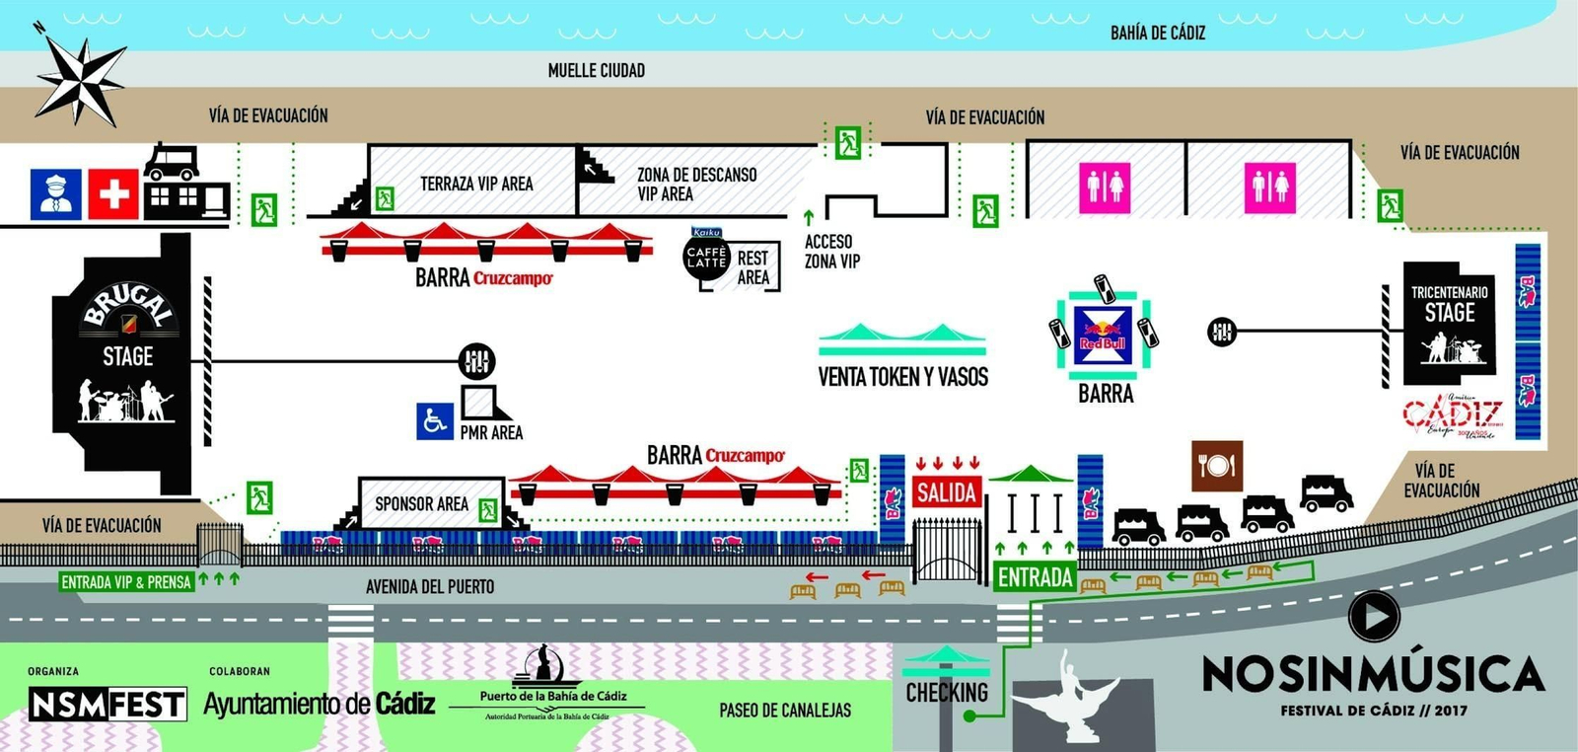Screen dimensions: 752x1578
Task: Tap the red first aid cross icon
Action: tap(113, 193)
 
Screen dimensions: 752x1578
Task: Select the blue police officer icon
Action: tap(56, 193)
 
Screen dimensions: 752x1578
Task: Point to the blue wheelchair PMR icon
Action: tap(434, 421)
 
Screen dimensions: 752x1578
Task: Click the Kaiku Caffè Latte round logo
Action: tap(706, 257)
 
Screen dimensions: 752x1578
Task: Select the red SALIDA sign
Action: tap(946, 491)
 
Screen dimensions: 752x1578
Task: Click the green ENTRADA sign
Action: tap(1035, 577)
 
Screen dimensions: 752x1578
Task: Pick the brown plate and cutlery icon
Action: tap(1216, 466)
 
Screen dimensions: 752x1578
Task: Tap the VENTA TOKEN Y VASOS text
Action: tap(902, 377)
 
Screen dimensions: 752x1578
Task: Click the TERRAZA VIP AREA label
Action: tap(476, 184)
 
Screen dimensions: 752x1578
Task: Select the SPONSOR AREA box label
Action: tap(421, 504)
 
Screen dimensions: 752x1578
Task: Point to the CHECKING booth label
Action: tap(947, 693)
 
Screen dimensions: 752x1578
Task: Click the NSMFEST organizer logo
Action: tap(107, 705)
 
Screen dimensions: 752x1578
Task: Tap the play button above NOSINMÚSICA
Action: tap(1374, 616)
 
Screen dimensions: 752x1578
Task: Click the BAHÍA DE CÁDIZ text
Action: tap(1158, 33)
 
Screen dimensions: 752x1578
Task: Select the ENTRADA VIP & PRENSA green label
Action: tap(126, 582)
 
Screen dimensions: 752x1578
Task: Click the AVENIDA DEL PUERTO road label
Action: tap(430, 586)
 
